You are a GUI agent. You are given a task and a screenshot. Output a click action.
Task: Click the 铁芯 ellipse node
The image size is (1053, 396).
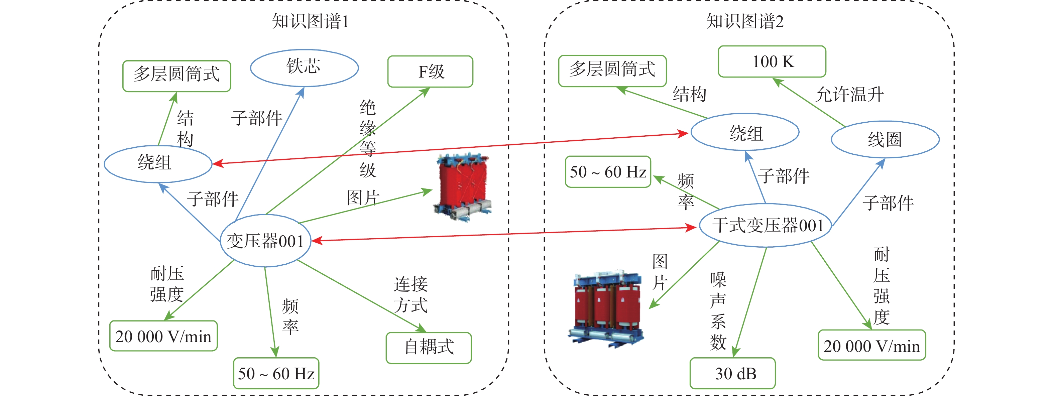tap(304, 68)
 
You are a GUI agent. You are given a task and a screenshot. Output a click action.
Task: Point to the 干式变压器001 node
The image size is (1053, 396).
tap(766, 225)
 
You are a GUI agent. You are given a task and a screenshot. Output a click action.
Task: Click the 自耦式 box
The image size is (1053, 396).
tap(429, 347)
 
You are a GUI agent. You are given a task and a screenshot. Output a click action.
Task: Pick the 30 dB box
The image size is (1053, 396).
tap(732, 373)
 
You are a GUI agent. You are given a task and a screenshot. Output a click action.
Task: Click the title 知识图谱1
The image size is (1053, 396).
tap(310, 21)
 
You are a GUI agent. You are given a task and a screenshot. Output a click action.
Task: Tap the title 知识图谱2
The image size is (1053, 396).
tap(745, 21)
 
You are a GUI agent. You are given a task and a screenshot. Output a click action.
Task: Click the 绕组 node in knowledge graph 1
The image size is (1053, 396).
tap(158, 163)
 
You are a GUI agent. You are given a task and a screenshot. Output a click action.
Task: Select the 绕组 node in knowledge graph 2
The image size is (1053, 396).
tap(745, 133)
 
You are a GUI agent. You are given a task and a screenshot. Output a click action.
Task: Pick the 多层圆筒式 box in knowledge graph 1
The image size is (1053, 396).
tap(177, 76)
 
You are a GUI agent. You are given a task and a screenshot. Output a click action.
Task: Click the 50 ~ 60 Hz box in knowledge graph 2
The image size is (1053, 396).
tap(608, 172)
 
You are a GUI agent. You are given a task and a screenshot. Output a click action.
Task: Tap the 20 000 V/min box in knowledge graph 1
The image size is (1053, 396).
tap(163, 336)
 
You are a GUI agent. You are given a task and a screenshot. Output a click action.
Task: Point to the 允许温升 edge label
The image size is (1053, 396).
tap(849, 94)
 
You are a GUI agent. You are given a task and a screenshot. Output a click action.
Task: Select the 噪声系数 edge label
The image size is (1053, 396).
tap(718, 310)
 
